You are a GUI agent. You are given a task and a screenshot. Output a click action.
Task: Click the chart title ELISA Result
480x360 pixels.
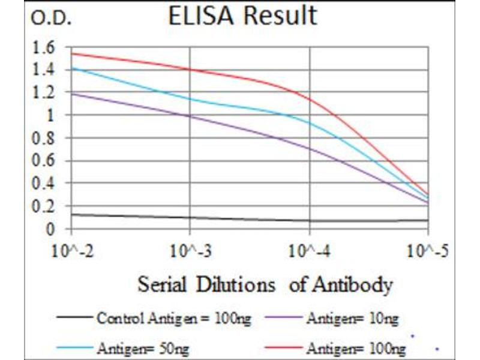coord(242,16)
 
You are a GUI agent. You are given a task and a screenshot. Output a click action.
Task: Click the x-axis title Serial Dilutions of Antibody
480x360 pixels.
coord(265,284)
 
